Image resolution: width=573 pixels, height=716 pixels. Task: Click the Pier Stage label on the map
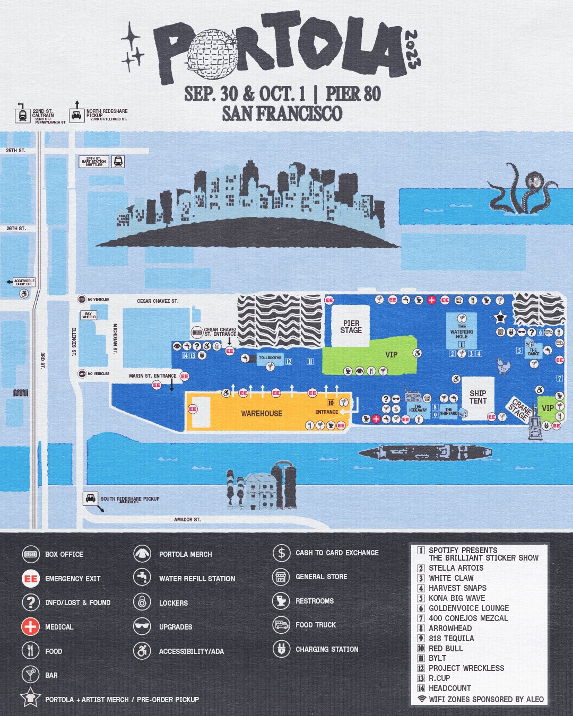351,327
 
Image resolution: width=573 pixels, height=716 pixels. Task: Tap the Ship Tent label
477,397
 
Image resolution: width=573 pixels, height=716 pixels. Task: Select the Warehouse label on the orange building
262,414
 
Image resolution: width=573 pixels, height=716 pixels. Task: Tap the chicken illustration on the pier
502,365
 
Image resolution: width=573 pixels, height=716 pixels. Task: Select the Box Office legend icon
31,554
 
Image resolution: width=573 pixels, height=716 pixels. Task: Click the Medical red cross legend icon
31,627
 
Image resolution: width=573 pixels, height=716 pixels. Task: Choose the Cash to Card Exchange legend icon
281,553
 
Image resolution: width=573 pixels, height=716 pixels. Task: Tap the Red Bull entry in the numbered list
446,648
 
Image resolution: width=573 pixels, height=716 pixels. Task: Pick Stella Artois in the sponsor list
456,568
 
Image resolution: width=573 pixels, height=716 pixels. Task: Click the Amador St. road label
187,520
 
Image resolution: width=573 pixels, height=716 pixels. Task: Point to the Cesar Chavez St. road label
158,301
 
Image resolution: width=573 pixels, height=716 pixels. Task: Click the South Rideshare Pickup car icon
90,499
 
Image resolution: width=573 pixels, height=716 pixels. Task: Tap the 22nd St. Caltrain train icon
23,115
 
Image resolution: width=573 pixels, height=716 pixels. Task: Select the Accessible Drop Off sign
24,283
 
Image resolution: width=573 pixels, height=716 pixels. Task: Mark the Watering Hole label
462,331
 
